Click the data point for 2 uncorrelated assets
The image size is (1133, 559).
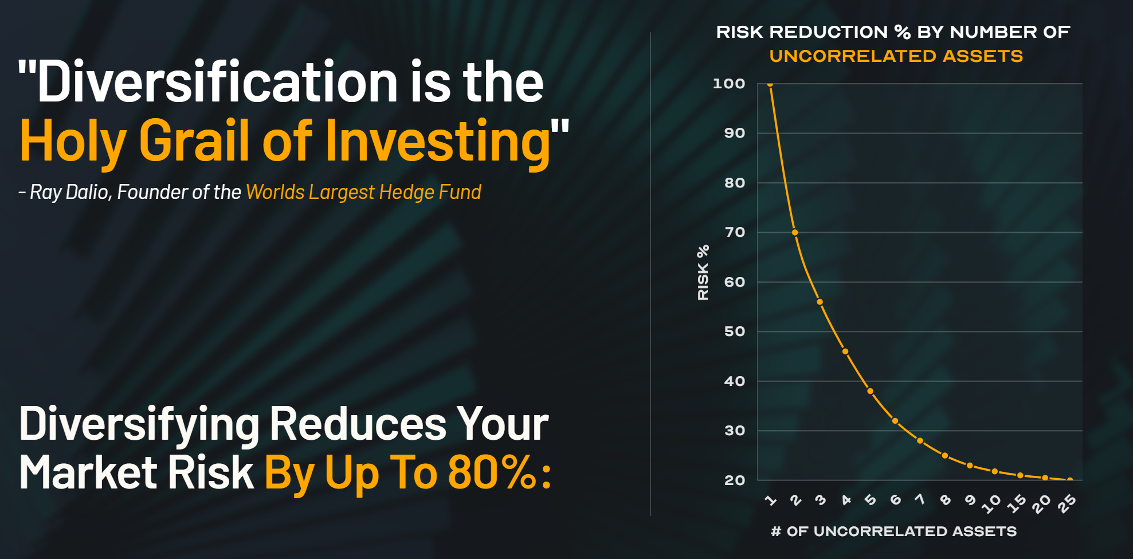coord(795,232)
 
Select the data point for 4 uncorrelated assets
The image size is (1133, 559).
coord(845,351)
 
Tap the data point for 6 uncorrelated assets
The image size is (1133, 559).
coord(895,421)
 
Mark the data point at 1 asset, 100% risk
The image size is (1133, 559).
coord(770,84)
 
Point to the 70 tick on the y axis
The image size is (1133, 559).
coord(735,232)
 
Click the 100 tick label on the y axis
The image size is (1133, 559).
coord(729,84)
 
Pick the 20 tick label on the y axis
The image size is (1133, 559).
coord(735,480)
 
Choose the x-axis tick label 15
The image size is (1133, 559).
coord(1017,503)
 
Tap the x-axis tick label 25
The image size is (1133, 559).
coord(1067,503)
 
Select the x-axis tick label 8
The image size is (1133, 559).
coord(946,500)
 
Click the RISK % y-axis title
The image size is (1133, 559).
coord(703,272)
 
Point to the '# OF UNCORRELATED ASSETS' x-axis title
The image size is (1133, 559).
coord(893,531)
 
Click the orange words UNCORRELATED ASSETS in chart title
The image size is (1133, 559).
coord(896,56)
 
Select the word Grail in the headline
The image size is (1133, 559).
coord(194,140)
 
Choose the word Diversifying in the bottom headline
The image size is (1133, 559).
coord(139,425)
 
